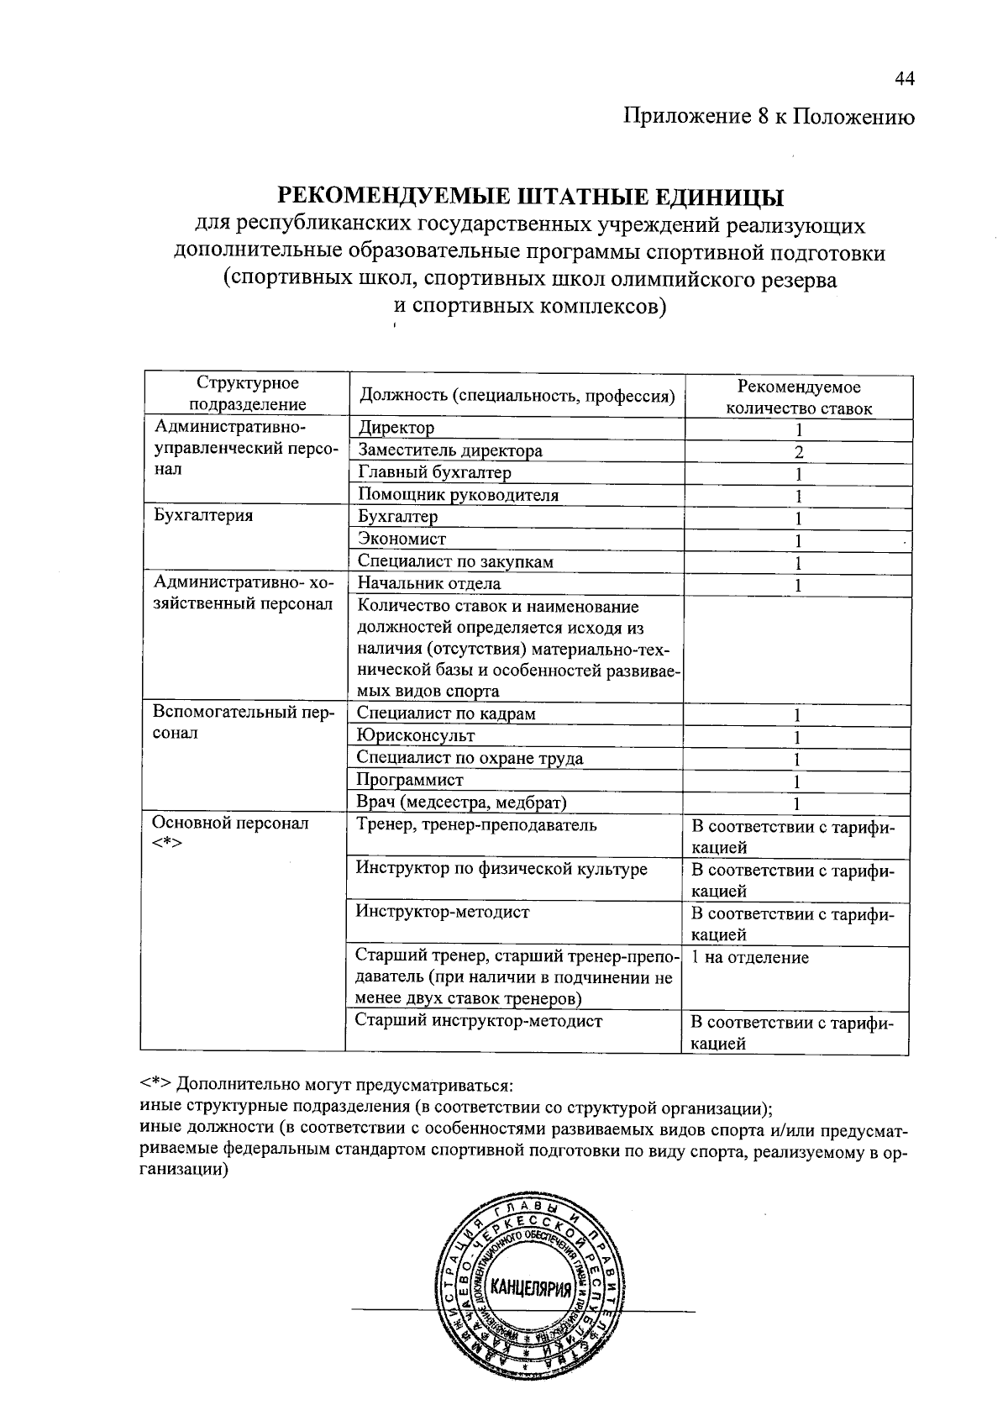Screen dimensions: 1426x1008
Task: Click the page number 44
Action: coord(903,79)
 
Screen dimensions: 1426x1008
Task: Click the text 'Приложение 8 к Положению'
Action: coord(768,117)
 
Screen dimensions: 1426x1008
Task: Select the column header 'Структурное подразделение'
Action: coord(247,393)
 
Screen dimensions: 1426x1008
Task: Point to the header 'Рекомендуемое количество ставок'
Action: coord(798,397)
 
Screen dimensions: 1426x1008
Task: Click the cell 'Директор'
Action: coord(396,428)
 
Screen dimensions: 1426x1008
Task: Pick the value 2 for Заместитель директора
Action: coord(799,452)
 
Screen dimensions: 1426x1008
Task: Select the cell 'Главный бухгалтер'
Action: coord(434,472)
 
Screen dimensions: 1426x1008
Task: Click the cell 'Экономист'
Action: coord(402,539)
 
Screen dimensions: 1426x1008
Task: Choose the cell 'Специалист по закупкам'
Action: coord(455,561)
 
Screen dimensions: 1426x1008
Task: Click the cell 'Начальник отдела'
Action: coord(429,583)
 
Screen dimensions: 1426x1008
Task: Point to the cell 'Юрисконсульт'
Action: coord(416,735)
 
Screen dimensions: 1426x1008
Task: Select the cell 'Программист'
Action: coord(410,780)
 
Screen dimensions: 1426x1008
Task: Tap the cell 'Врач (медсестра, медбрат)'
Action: coord(461,802)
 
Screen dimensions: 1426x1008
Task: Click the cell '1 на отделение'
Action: coord(749,957)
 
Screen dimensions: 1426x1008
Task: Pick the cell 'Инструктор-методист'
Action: coord(442,912)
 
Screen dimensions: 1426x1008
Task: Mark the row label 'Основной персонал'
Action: coord(230,824)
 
